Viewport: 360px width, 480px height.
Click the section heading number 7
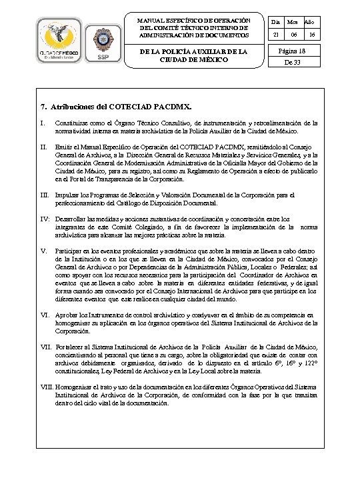pos(44,106)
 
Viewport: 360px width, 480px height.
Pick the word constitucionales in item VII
pos(79,371)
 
